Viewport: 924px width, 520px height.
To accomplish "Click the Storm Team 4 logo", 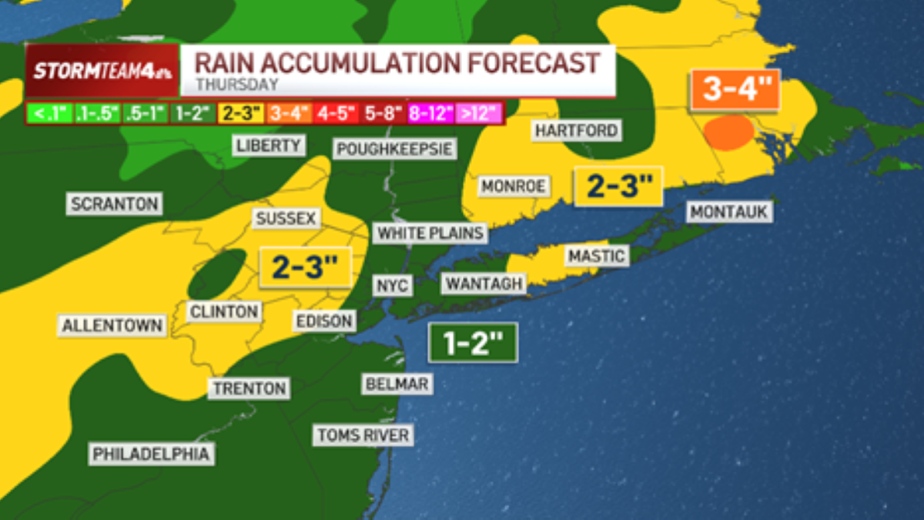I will pos(102,71).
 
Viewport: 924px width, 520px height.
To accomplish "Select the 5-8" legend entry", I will pos(383,113).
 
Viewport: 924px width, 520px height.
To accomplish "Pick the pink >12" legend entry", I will pos(480,113).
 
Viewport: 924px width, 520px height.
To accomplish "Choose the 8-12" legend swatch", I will pos(431,113).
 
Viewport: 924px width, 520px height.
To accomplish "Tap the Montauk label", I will pos(730,211).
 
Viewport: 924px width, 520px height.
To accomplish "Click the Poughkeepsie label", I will pos(394,148).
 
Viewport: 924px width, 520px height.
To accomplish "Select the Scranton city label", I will pos(114,204).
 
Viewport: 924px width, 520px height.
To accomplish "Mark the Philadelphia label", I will pos(151,455).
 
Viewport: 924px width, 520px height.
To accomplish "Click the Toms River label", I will pos(363,435).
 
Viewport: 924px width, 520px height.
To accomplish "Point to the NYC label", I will pos(393,285).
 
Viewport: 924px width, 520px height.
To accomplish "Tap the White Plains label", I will pos(430,233).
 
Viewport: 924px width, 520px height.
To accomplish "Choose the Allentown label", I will pos(113,325).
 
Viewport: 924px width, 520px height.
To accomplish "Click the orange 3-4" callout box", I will pos(735,91).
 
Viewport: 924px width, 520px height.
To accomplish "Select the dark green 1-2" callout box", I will pos(472,343).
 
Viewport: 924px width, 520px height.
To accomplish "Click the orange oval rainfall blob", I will pos(729,133).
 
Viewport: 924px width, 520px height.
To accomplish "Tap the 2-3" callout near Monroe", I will pos(618,186).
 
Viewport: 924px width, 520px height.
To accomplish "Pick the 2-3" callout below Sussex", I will pos(306,267).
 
